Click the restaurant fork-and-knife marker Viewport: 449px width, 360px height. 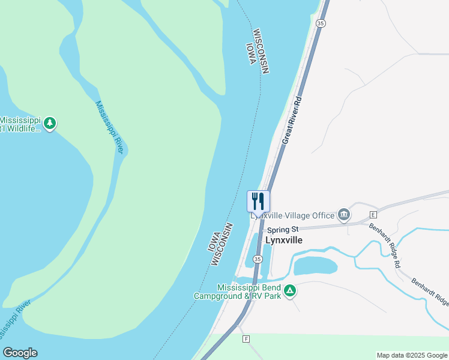coord(259,200)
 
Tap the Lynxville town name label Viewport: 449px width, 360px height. coord(283,240)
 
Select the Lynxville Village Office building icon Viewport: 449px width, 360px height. coord(344,214)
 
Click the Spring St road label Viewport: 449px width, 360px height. coord(283,229)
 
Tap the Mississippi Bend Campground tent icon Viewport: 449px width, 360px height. coord(290,291)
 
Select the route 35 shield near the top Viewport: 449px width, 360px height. coord(321,23)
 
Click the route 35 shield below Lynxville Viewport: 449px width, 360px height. coord(257,259)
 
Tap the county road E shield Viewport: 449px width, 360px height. coord(373,214)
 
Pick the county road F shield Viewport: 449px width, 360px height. coord(246,339)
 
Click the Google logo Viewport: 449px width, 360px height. coord(20,353)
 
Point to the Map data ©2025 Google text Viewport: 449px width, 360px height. coord(412,355)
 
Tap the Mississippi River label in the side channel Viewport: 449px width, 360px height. coord(109,127)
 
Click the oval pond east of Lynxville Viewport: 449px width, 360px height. coord(315,265)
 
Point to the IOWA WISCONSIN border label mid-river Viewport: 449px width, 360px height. coord(220,244)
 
